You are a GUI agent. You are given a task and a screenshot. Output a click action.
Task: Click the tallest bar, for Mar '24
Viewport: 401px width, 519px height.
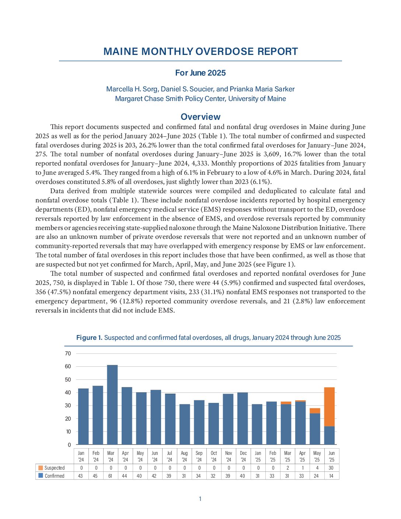[112, 405]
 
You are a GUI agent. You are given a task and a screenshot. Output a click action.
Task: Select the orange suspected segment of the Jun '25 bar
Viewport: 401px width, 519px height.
[329, 407]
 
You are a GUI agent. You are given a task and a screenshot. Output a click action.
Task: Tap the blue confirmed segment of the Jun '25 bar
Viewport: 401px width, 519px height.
[329, 435]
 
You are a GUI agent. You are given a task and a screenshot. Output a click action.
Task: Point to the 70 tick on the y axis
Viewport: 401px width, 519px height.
[68, 353]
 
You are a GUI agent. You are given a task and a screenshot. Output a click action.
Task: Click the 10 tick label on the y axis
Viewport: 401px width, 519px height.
[68, 432]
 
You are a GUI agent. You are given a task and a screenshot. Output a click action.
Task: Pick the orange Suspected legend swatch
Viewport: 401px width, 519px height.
[41, 468]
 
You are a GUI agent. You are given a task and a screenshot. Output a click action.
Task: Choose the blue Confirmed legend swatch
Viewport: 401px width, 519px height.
[41, 476]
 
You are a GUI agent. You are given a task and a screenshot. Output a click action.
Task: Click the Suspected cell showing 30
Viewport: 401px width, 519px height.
[331, 468]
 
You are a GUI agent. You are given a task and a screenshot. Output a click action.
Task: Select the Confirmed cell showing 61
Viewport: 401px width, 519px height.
[110, 476]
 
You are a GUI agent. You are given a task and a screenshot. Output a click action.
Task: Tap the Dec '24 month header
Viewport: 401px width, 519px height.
[243, 456]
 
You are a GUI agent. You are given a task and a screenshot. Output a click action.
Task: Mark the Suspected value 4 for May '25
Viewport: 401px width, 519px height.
[317, 468]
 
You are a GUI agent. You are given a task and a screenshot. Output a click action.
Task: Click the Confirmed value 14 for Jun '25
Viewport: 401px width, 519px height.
[331, 476]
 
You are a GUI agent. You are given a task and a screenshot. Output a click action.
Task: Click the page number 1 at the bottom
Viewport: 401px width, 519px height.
[200, 499]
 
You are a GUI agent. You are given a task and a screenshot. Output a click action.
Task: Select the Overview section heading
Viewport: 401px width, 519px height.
[200, 117]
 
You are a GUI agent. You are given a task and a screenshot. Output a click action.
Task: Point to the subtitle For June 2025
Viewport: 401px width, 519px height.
[200, 73]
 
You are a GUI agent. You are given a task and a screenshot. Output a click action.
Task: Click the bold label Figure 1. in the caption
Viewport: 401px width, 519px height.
[89, 338]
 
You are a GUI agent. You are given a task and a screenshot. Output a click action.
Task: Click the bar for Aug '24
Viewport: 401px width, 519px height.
[185, 424]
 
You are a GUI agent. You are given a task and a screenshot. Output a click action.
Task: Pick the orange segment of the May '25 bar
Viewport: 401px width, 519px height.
[315, 411]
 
